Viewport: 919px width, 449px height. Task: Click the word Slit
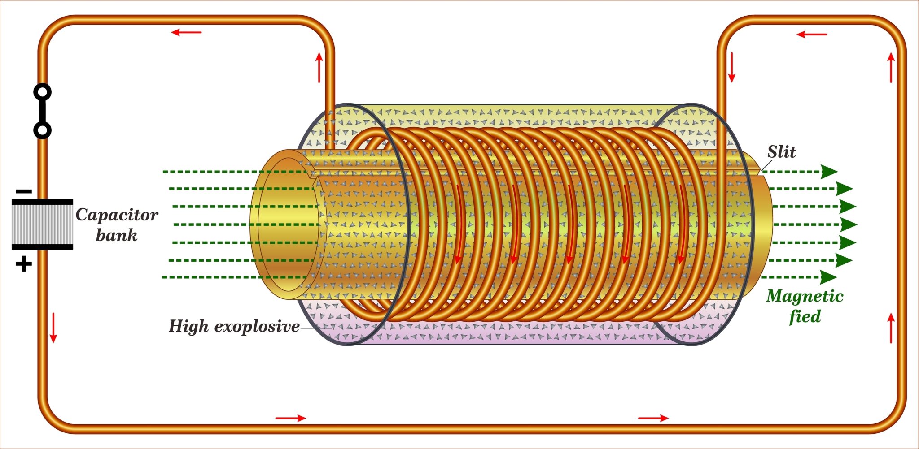tap(781, 152)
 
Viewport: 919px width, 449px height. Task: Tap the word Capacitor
tap(117, 215)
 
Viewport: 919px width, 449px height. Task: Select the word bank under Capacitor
tap(116, 235)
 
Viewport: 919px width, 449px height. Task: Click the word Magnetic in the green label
tap(805, 296)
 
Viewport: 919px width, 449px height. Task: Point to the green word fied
tap(805, 316)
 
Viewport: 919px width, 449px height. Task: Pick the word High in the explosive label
tap(188, 326)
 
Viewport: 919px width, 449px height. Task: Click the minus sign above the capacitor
tap(24, 192)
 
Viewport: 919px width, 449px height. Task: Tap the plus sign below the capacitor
tap(24, 264)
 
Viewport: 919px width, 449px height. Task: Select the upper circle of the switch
tap(42, 92)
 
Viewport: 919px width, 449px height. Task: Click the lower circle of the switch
tap(42, 130)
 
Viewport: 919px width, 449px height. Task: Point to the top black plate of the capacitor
tap(42, 202)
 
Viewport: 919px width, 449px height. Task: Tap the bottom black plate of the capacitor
tap(42, 247)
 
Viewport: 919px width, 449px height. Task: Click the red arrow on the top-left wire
tap(187, 32)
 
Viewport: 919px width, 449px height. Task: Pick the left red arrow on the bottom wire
tap(290, 419)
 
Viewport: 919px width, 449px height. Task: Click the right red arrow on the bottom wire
tap(653, 419)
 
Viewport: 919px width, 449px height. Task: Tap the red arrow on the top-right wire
tap(811, 35)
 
